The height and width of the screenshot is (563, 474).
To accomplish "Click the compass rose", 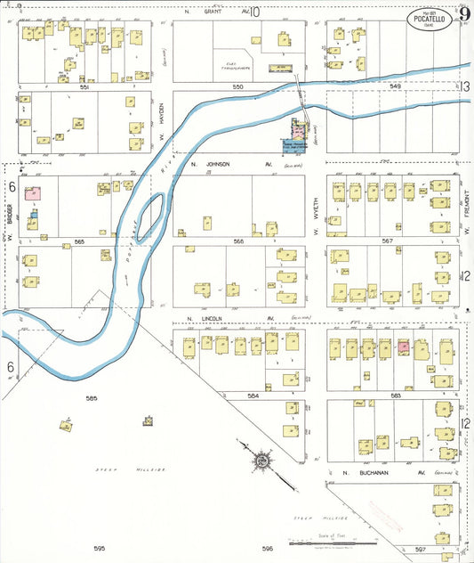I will (262, 461).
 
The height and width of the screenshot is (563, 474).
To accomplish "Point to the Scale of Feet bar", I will (332, 543).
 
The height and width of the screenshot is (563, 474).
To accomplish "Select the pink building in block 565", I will (34, 192).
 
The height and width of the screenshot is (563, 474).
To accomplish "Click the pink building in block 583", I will (403, 347).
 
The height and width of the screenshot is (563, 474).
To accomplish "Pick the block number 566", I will (237, 241).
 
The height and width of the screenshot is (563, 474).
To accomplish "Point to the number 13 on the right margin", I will (464, 86).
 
